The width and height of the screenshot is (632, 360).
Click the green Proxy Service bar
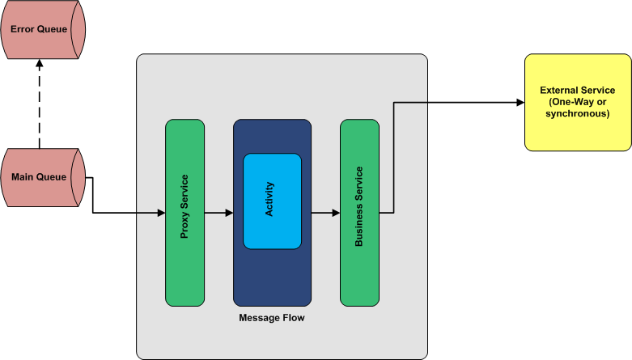(185, 213)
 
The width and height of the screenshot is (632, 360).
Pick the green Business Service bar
(359, 213)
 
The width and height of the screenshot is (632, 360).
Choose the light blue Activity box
(272, 201)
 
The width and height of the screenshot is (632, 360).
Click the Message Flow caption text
(272, 318)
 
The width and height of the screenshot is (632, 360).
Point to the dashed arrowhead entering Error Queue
(39, 65)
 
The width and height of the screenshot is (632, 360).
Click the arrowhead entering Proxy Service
(160, 214)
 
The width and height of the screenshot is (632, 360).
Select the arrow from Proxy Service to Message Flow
(218, 214)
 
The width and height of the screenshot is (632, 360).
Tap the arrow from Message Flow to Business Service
(325, 214)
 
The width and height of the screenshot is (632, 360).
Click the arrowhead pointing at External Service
(520, 103)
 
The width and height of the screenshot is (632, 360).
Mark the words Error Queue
(38, 29)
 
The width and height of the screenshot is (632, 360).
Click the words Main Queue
(38, 177)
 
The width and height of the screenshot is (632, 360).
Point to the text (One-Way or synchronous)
(578, 108)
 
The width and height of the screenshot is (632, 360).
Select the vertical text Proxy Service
(185, 206)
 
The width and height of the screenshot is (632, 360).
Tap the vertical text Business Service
(359, 206)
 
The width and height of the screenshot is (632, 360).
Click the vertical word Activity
(270, 200)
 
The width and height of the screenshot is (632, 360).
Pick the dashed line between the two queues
(39, 109)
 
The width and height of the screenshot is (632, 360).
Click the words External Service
(578, 91)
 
